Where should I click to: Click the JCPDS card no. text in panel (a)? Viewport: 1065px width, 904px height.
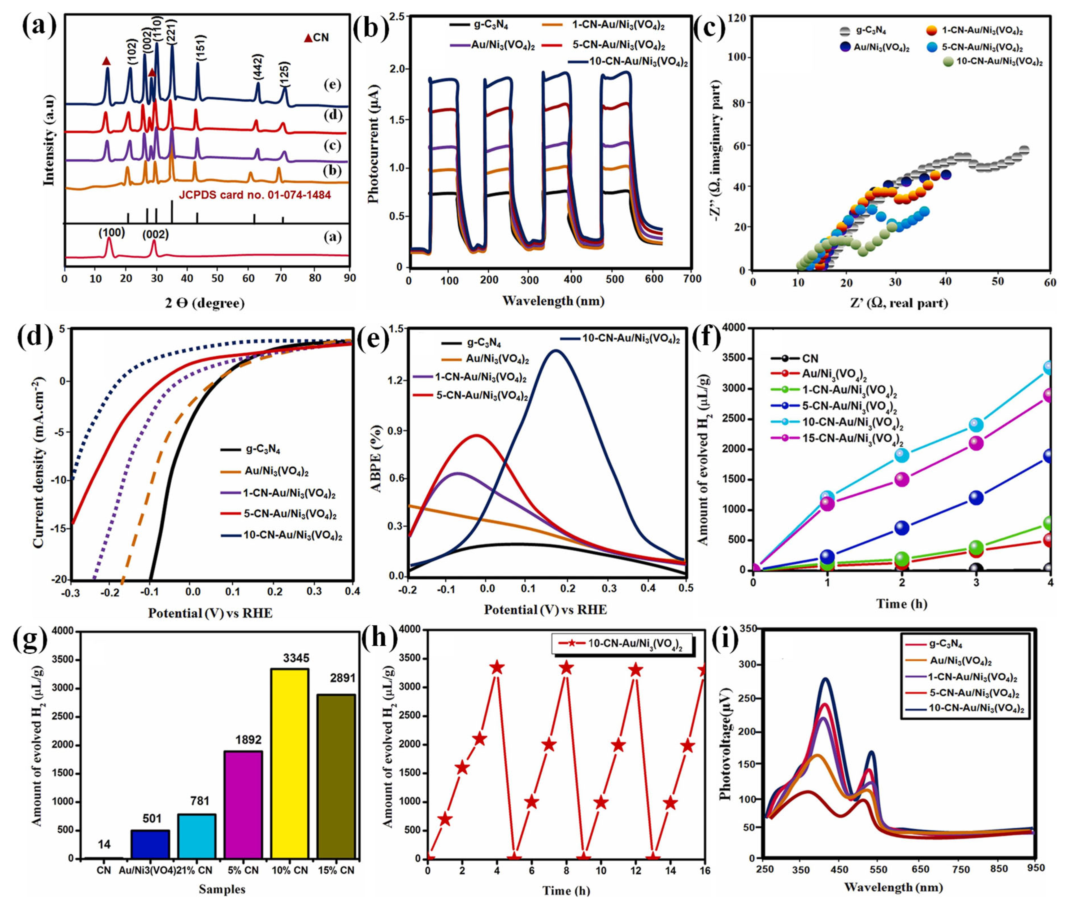click(x=254, y=195)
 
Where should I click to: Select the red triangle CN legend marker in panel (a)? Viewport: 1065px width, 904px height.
click(x=308, y=38)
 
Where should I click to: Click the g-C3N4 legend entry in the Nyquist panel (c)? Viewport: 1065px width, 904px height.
click(x=872, y=31)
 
